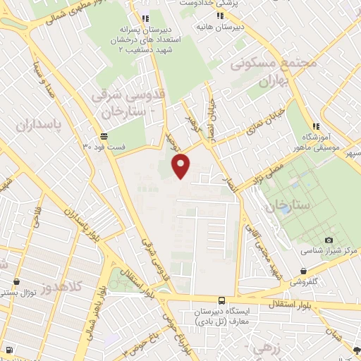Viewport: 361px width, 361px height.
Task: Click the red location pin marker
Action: coord(182,164)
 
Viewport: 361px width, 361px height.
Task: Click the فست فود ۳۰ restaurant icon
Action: coord(104,136)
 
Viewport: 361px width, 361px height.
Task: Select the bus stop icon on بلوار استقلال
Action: coord(221,300)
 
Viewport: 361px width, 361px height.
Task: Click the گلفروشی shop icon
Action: coord(302,270)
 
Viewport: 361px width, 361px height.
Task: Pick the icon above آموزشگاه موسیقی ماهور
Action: coord(315,126)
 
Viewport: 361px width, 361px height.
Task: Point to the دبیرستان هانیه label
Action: coord(239,25)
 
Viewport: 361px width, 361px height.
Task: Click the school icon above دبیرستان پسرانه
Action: coord(145,18)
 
